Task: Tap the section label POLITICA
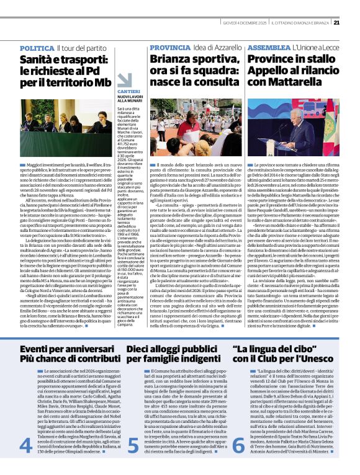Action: pyautogui.click(x=37, y=48)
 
